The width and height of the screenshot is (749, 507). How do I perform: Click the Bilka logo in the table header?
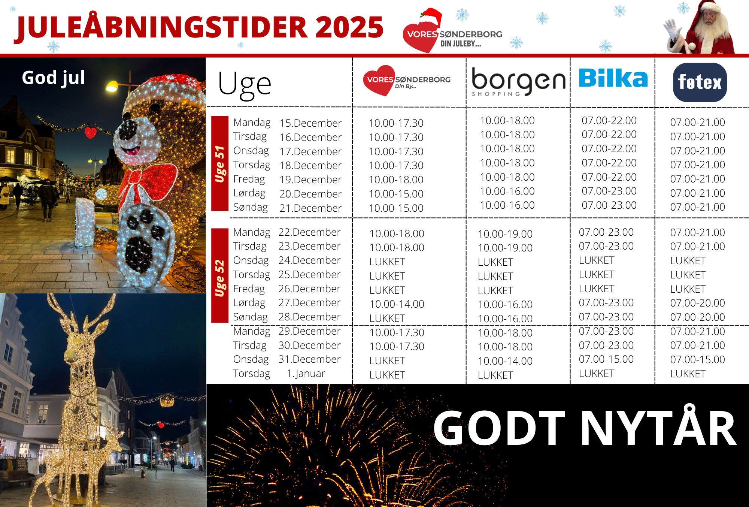[613, 78]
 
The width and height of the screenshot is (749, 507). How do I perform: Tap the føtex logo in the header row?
[700, 82]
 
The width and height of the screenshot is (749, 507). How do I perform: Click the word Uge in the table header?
[244, 85]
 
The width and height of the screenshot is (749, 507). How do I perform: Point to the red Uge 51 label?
[220, 164]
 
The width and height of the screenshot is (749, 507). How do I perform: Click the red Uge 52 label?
[220, 276]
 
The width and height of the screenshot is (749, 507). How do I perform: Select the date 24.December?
[309, 260]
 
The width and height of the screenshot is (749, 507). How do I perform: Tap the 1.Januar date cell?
[306, 374]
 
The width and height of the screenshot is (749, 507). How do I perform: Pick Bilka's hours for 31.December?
[606, 359]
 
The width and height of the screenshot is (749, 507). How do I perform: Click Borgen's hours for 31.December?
[505, 361]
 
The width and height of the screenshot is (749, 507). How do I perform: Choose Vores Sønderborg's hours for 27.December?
[397, 304]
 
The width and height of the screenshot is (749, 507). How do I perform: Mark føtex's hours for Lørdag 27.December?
[697, 303]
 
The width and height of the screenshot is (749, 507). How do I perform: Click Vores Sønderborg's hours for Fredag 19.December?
[396, 179]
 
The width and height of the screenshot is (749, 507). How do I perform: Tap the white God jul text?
[53, 78]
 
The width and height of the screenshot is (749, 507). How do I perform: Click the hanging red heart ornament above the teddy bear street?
[90, 132]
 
